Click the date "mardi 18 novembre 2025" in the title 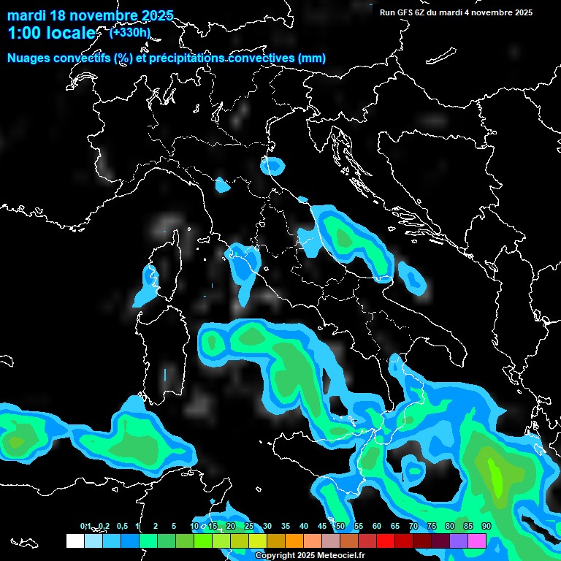click(x=90, y=15)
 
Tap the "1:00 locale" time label click(x=51, y=33)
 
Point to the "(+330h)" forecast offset click(x=130, y=32)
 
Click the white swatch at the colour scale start click(x=75, y=541)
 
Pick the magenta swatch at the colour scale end click(x=477, y=541)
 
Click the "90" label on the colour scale click(x=486, y=526)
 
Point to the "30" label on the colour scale click(x=267, y=526)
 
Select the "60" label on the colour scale click(x=377, y=526)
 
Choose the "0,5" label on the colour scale click(x=121, y=526)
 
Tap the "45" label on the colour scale click(x=322, y=526)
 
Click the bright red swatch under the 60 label click(x=386, y=541)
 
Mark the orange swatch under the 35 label click(x=294, y=541)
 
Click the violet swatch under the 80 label click(x=459, y=541)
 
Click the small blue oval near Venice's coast click(x=272, y=167)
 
